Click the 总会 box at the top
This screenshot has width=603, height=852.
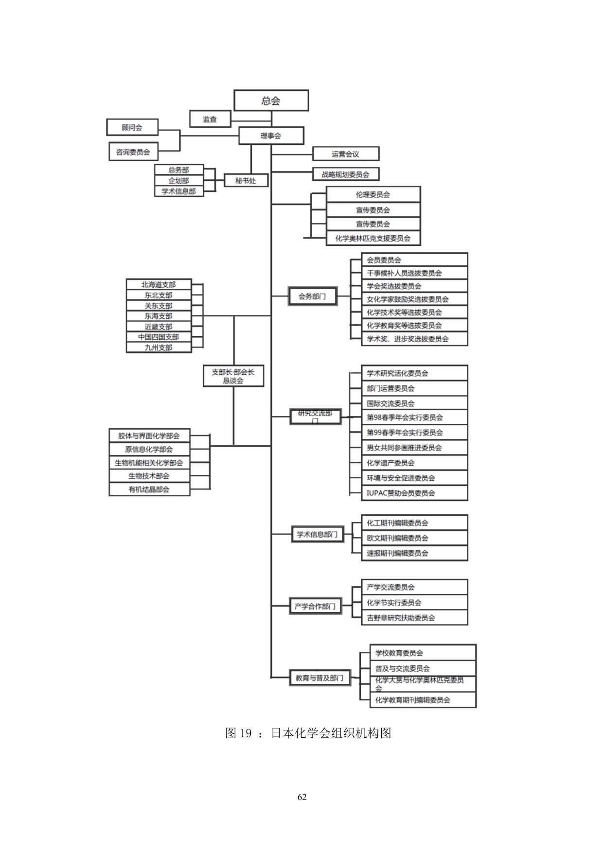(x=271, y=101)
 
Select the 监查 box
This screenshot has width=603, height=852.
(x=210, y=119)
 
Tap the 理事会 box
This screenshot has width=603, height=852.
(x=271, y=136)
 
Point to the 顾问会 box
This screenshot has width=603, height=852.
(x=132, y=127)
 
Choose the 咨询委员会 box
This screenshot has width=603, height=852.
(x=133, y=152)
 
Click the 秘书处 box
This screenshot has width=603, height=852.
(x=246, y=180)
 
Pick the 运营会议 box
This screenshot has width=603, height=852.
(x=345, y=154)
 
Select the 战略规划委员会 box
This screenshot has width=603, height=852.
(x=345, y=174)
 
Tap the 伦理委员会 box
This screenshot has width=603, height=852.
(x=373, y=194)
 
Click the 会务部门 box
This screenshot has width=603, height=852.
(x=312, y=296)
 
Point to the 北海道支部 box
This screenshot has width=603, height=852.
(x=159, y=284)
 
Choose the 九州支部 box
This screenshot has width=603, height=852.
(x=159, y=348)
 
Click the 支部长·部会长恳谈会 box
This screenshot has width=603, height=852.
(x=233, y=376)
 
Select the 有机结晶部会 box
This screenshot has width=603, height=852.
(x=149, y=489)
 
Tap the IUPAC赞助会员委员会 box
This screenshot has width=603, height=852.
(x=414, y=493)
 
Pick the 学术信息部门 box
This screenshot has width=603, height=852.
(x=317, y=534)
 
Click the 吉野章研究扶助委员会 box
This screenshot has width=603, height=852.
(x=414, y=618)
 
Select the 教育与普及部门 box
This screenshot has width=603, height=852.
(x=319, y=678)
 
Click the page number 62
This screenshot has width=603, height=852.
(x=302, y=797)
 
